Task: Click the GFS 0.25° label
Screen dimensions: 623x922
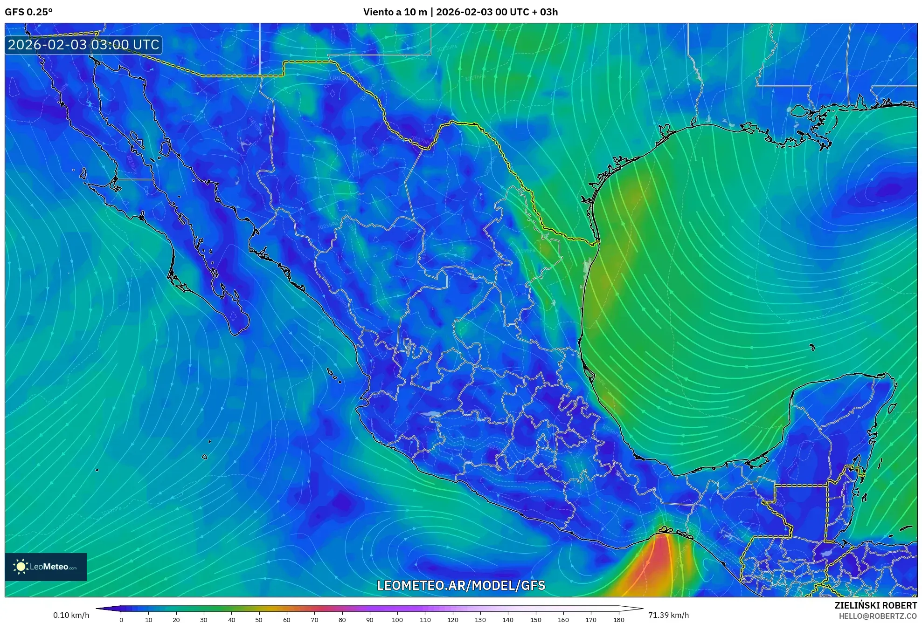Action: tap(28, 12)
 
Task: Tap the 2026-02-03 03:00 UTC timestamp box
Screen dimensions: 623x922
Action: tap(84, 45)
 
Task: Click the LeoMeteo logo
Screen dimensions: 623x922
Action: tap(46, 567)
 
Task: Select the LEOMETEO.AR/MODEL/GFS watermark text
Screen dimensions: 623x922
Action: tap(461, 585)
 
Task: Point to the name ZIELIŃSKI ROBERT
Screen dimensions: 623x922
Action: tap(875, 605)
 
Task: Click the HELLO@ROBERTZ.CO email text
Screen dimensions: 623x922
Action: tap(878, 616)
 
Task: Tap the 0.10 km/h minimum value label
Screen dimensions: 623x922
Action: tap(71, 615)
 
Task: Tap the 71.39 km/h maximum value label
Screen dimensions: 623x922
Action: tap(668, 615)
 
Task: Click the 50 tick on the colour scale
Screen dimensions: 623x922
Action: tap(259, 619)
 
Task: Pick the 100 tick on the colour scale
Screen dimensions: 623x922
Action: tap(397, 619)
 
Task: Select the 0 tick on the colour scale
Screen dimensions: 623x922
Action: tap(121, 619)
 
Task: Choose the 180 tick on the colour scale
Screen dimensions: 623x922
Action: tap(618, 619)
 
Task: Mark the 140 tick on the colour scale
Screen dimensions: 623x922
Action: tap(508, 619)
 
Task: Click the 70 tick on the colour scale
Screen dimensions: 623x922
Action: tap(314, 619)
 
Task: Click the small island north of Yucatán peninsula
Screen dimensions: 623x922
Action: tap(812, 347)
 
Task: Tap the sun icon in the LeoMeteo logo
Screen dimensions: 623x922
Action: tap(21, 567)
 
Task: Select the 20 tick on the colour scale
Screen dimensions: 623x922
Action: tap(176, 619)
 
